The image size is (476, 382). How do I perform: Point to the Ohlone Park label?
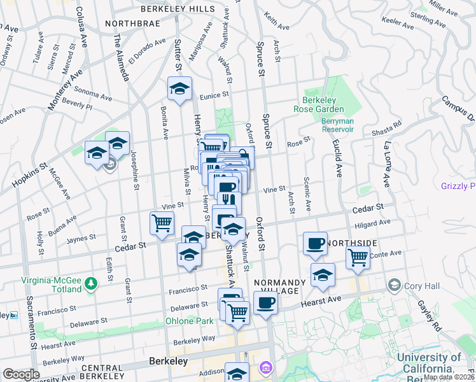click(x=190, y=321)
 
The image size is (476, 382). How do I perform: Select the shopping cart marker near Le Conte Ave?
click(x=358, y=258)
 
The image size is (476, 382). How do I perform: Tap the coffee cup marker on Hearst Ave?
click(x=265, y=302)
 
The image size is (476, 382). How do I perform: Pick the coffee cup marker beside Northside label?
click(x=315, y=243)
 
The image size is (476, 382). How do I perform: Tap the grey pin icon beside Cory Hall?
click(x=395, y=285)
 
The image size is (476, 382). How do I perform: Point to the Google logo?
click(x=21, y=374)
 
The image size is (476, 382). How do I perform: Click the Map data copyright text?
click(x=448, y=377)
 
